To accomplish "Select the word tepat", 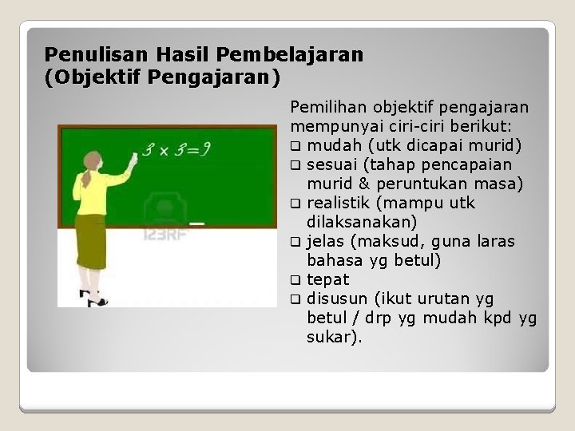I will [327, 279].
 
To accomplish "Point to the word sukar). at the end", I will [334, 337].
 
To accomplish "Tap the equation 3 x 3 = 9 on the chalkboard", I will [176, 149].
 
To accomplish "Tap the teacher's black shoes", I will [95, 299].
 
